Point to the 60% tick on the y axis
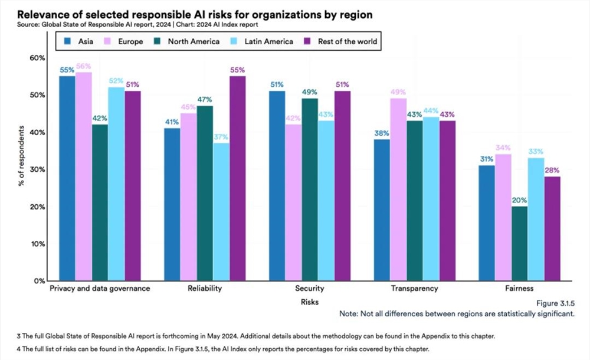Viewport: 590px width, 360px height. [37, 58]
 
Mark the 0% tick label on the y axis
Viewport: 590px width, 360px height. [39, 281]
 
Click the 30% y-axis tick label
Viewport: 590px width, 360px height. [37, 169]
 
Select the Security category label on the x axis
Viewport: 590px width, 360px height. [309, 289]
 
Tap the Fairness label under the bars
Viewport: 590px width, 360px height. [519, 289]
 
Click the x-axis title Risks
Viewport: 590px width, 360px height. [309, 302]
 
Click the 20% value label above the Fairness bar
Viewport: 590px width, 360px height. [520, 200]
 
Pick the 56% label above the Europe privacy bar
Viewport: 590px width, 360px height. [83, 66]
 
